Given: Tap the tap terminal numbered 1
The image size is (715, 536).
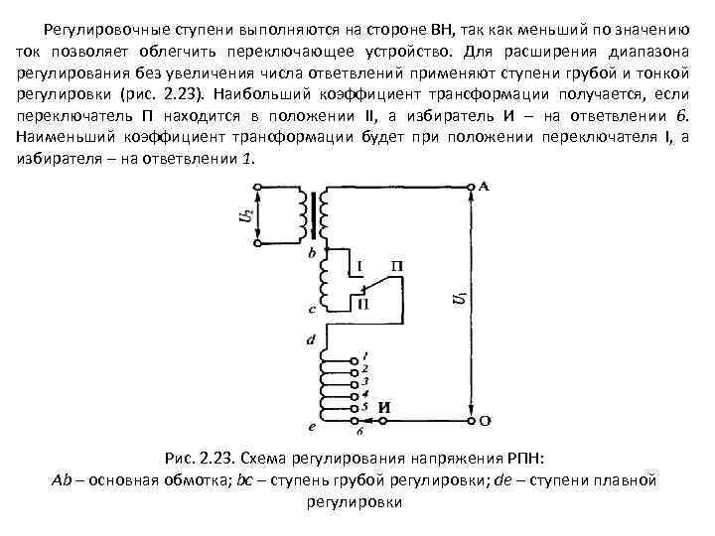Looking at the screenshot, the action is (355, 356).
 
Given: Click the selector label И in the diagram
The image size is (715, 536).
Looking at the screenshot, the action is (385, 406).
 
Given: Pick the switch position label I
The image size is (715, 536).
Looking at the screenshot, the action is (360, 266).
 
